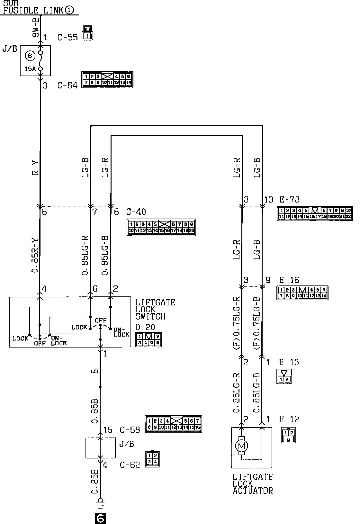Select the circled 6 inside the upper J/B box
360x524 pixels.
30,56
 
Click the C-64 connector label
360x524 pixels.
67,86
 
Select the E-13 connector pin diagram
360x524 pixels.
284,376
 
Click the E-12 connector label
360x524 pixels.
289,419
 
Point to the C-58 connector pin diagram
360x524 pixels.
174,424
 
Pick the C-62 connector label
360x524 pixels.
130,465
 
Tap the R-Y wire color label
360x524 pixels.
35,168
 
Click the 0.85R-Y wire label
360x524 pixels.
35,254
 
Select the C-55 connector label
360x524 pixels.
67,37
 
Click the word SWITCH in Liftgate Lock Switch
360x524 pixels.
150,316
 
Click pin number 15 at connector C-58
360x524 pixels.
108,430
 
